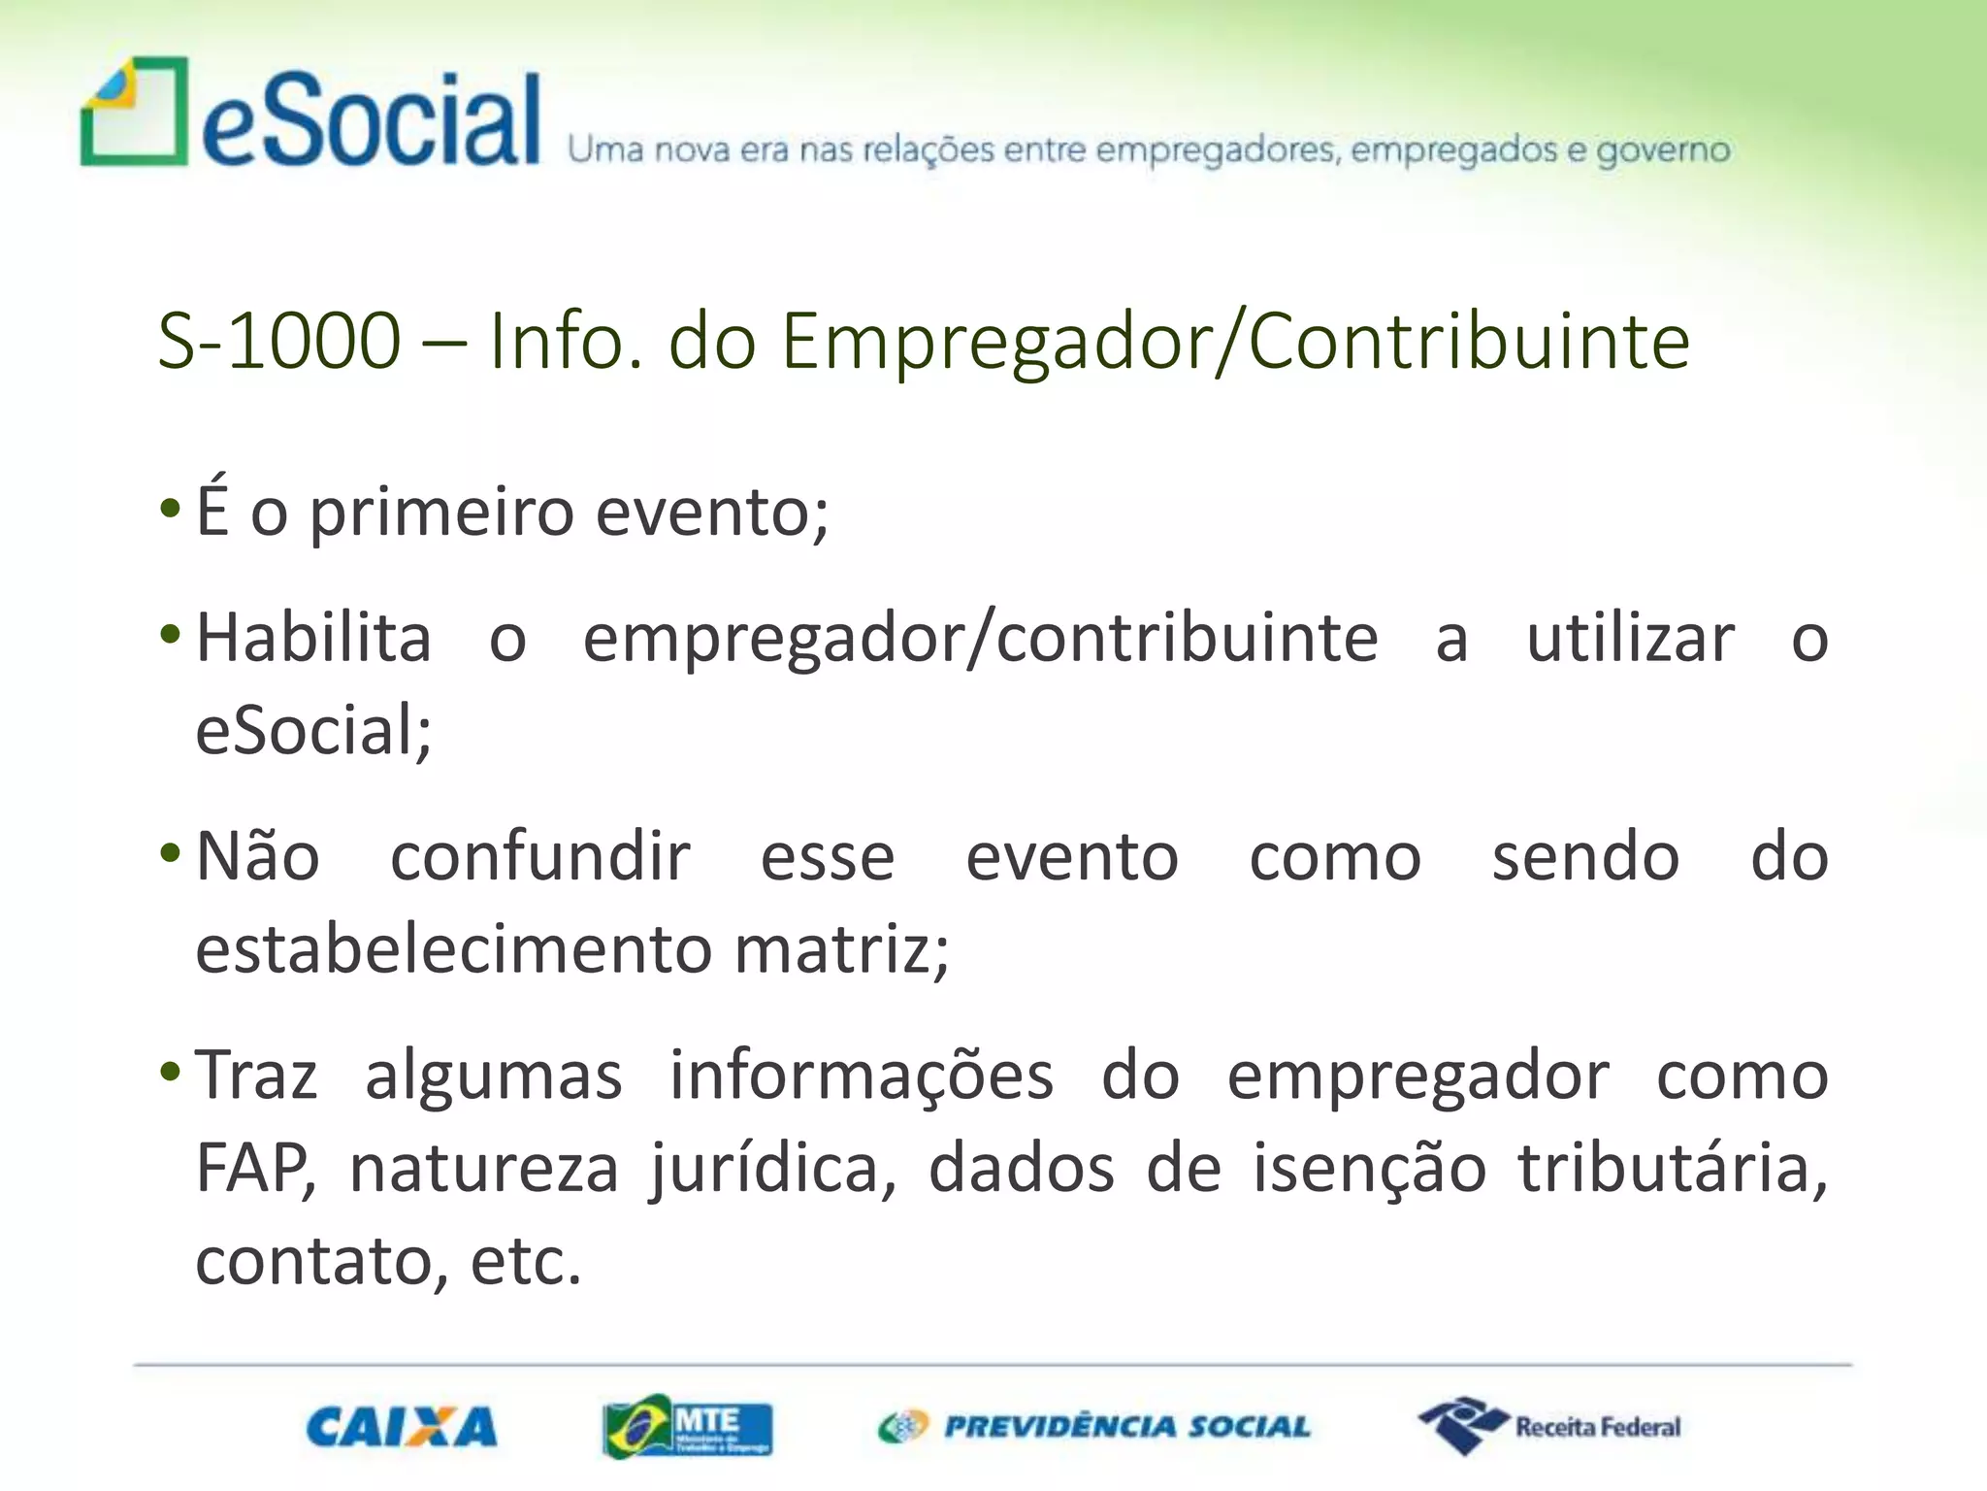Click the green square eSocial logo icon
134,111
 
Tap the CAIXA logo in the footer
401,1427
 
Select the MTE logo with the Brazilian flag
687,1426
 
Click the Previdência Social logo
1093,1426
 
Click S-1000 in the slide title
278,341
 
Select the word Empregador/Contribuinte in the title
1235,341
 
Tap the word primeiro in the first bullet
441,512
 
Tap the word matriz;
841,948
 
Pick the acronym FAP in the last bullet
254,1168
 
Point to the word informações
862,1076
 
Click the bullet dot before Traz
170,1073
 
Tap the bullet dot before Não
170,854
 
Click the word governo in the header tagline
1663,150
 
